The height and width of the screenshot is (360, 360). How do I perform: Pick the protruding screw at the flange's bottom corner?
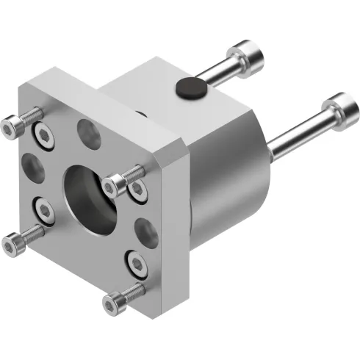click(x=118, y=300)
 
